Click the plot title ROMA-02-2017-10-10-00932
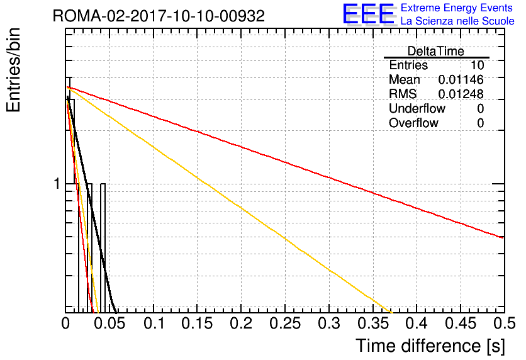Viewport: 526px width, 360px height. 159,16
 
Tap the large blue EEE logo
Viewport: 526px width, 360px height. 369,14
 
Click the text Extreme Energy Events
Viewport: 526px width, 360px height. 457,8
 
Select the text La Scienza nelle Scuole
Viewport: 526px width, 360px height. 457,21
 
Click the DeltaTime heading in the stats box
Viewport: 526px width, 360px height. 436,51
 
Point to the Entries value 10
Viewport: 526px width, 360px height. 478,65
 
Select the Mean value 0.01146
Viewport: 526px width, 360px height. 461,79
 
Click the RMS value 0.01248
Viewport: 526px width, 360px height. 461,94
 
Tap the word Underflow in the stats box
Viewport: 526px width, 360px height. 417,108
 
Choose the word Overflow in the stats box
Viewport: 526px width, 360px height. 413,123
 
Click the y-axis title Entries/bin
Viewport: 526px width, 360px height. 14,70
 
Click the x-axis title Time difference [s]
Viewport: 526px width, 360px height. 430,346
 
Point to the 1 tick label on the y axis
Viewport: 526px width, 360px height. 57,184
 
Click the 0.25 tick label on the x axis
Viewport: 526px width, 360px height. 285,323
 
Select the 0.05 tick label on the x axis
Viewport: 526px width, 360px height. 109,323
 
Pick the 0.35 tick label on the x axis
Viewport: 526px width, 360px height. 373,323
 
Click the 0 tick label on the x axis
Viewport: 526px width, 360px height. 65,323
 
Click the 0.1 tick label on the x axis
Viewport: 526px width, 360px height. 154,323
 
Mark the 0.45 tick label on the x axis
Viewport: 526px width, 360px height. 461,323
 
